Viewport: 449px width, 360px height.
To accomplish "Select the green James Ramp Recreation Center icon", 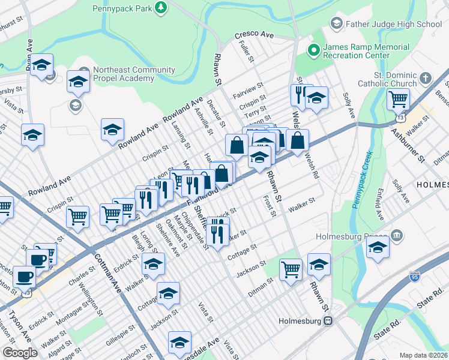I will pyautogui.click(x=312, y=50).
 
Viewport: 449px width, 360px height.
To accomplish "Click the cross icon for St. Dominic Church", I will pyautogui.click(x=426, y=79).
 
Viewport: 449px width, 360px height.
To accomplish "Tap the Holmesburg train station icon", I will pyautogui.click(x=328, y=320).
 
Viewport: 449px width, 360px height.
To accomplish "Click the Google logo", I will pyautogui.click(x=20, y=352).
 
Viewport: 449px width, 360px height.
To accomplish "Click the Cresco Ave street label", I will pyautogui.click(x=254, y=35).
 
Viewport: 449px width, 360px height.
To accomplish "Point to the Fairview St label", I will pyautogui.click(x=246, y=89).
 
